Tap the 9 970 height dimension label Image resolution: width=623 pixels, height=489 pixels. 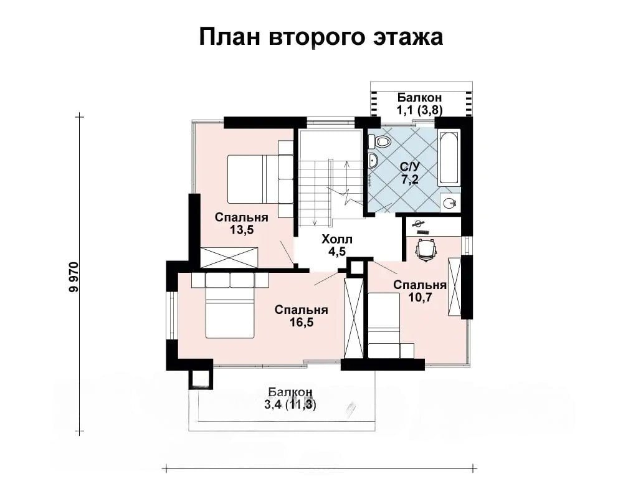(74, 277)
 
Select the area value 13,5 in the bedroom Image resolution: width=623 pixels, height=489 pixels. (241, 230)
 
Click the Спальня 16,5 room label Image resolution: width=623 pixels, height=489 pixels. (301, 316)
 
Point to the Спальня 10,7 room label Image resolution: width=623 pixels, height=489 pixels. (420, 291)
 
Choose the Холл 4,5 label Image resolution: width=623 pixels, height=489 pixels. (337, 245)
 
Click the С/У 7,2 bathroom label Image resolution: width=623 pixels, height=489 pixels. (410, 173)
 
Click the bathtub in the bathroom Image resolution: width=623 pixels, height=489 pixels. (449, 158)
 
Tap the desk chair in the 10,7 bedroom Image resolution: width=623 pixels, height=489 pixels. (426, 249)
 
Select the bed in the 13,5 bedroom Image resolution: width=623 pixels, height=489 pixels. (252, 179)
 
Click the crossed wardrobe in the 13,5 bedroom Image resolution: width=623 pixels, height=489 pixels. (229, 257)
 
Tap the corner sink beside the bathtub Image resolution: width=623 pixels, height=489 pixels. (450, 202)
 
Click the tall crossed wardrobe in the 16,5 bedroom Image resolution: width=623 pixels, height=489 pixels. (354, 319)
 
